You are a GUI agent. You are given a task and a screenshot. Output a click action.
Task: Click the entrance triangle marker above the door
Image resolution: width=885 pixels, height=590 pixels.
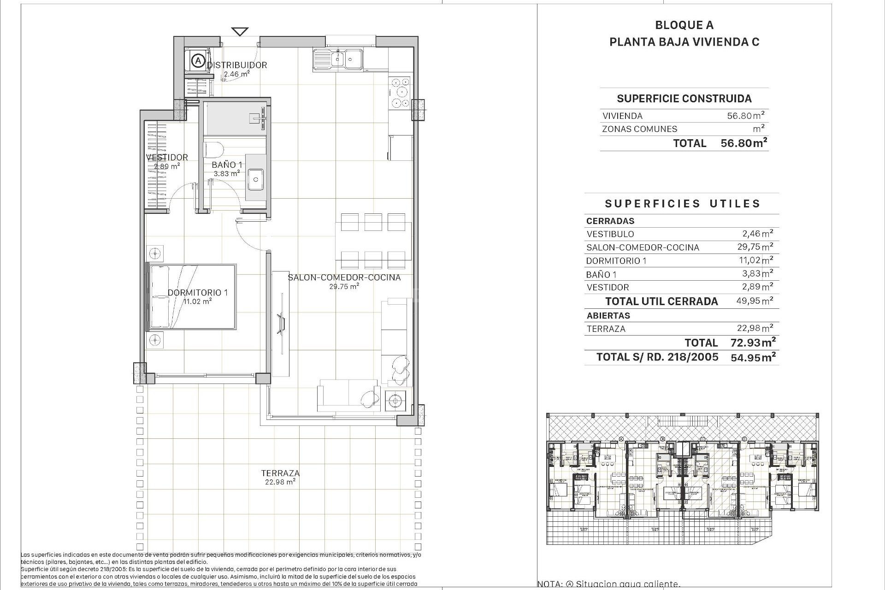click(x=240, y=32)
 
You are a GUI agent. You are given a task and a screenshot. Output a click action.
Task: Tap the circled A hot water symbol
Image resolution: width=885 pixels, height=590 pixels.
click(x=198, y=60)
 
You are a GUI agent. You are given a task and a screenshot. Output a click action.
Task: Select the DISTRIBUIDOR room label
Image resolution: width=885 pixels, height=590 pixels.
click(x=237, y=65)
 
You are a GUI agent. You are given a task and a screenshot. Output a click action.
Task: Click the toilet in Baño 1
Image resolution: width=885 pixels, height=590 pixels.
click(x=214, y=150)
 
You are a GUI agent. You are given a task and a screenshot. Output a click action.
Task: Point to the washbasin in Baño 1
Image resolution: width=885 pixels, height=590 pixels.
click(x=255, y=179)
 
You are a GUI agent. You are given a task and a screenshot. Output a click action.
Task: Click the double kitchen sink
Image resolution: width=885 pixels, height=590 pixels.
click(x=338, y=59)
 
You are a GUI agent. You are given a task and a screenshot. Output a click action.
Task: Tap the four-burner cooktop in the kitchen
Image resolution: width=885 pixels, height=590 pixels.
click(x=400, y=93)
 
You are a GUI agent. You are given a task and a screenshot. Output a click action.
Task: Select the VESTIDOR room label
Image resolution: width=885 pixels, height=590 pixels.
click(x=167, y=157)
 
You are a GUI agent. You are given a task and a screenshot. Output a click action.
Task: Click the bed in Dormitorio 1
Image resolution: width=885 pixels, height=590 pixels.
click(x=191, y=296)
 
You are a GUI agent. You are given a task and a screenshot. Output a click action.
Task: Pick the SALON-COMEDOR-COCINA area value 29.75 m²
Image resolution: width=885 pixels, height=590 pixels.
click(x=344, y=286)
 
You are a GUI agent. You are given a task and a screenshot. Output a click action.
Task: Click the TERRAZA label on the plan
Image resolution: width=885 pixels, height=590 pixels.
click(x=280, y=473)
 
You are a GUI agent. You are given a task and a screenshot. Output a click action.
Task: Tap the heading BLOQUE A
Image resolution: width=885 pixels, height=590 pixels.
click(x=684, y=25)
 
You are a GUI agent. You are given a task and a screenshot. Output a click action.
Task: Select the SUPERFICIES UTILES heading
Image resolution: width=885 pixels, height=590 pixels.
click(x=682, y=204)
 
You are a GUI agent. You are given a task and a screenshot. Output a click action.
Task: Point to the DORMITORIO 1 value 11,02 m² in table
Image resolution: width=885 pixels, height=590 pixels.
click(x=755, y=260)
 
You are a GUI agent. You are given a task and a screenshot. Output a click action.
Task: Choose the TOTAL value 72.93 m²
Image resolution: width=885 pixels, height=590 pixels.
click(x=753, y=342)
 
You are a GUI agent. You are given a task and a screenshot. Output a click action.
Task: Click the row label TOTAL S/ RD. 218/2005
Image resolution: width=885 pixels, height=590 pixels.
click(x=657, y=357)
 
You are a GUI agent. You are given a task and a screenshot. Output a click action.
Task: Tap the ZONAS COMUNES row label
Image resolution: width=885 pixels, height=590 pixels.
click(x=639, y=129)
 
